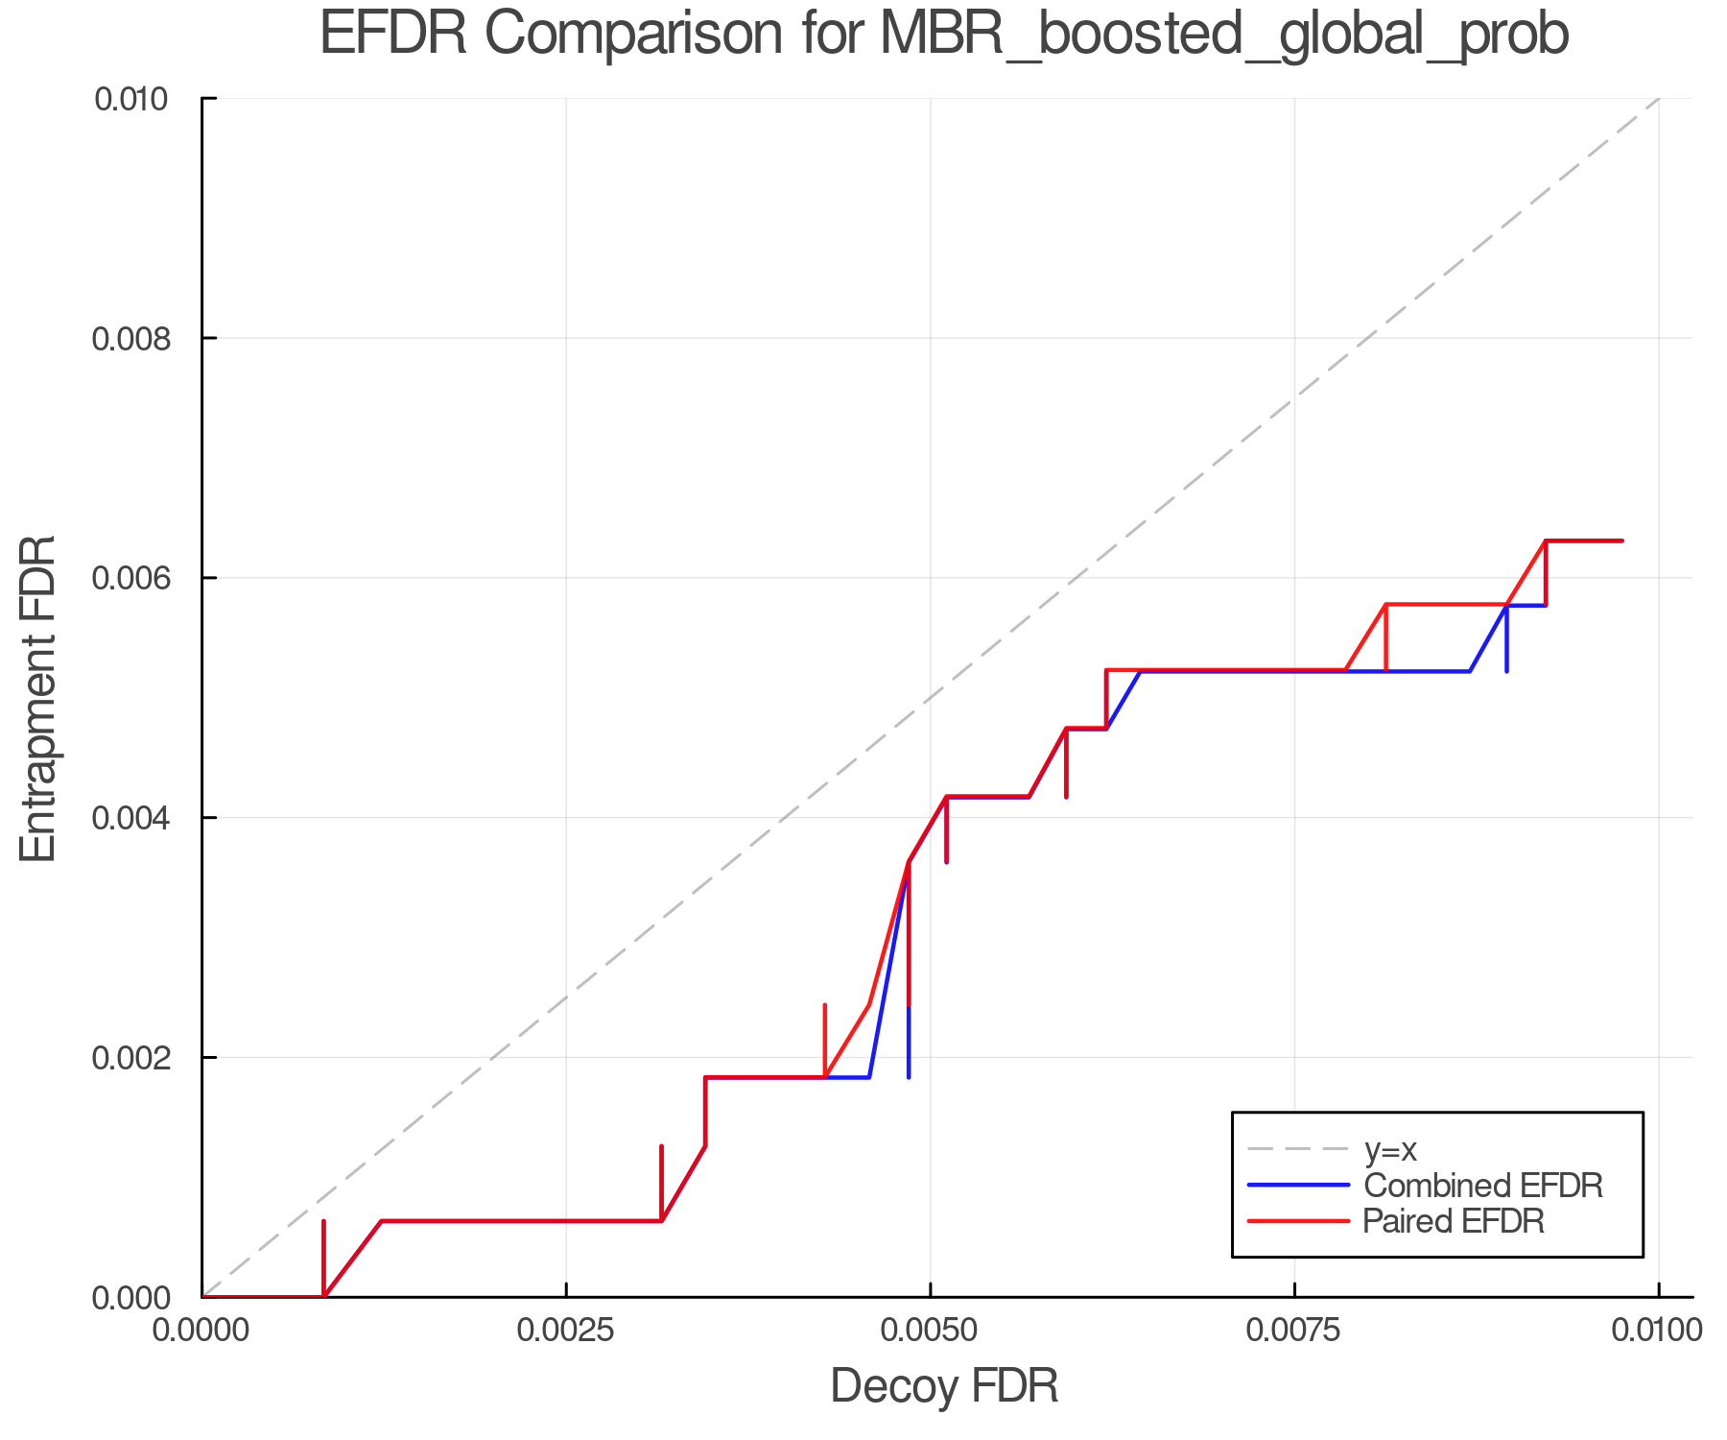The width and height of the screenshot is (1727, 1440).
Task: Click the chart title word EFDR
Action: (393, 35)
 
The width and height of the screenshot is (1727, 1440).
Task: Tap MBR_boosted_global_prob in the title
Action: (1224, 36)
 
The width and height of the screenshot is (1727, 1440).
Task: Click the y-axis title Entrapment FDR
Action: (38, 698)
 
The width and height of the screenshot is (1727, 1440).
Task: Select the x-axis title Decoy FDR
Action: (944, 1386)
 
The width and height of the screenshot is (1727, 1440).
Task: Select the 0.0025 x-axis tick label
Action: (566, 1330)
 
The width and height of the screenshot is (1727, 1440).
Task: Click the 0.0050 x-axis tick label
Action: (930, 1330)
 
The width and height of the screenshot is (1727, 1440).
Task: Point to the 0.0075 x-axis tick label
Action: (1294, 1330)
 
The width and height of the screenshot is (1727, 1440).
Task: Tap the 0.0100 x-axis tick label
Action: (1657, 1330)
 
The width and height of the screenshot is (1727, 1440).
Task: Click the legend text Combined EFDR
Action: (1483, 1186)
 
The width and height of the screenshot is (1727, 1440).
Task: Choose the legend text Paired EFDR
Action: (1454, 1221)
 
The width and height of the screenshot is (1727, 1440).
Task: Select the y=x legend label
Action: (1390, 1149)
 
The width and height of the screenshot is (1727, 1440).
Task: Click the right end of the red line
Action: (1621, 541)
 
